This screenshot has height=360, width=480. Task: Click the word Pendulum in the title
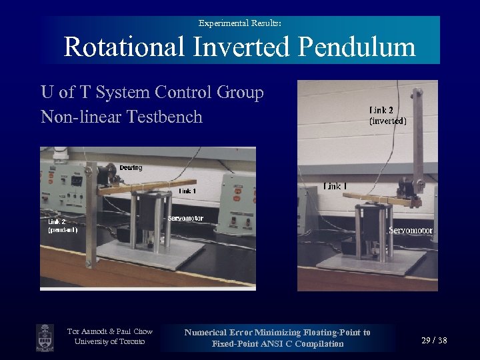click(357, 47)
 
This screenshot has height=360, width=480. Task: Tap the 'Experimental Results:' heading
click(239, 23)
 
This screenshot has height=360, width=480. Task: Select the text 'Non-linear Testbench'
click(121, 117)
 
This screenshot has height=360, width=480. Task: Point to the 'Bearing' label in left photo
click(131, 168)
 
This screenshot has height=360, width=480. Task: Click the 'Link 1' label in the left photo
click(187, 191)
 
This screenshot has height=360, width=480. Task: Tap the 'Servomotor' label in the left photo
click(185, 219)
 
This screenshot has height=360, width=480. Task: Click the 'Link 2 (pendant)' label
click(62, 225)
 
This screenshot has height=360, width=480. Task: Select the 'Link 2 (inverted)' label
click(387, 115)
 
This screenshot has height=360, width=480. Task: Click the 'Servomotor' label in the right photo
click(411, 231)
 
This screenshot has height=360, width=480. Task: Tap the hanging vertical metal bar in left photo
click(90, 227)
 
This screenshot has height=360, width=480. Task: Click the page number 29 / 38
click(434, 341)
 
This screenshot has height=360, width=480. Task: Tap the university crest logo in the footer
click(45, 337)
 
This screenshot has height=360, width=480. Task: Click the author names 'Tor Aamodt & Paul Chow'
click(110, 331)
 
